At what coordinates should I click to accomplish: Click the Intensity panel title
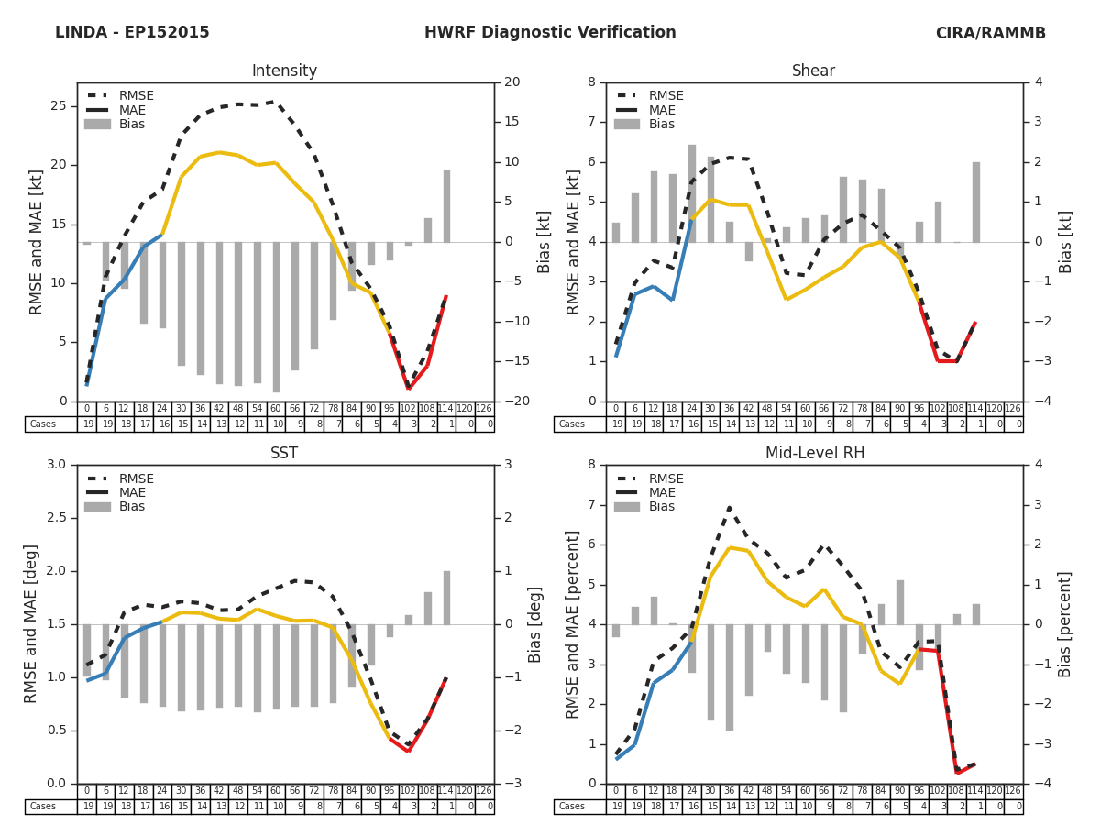pos(284,71)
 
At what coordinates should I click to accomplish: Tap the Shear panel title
pos(813,71)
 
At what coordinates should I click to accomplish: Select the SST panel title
pos(284,454)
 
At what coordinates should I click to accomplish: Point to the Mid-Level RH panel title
pos(813,454)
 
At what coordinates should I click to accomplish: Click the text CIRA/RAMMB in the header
pos(990,33)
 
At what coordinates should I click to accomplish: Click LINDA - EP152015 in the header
pos(132,33)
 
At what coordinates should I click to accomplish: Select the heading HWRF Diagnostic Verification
pos(550,33)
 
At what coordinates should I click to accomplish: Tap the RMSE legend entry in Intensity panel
pos(136,96)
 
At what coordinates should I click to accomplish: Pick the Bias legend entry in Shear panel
pos(661,125)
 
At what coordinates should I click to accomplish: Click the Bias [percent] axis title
pos(1065,624)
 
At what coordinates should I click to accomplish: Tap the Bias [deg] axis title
pos(535,624)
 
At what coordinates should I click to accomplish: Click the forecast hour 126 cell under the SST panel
pos(484,791)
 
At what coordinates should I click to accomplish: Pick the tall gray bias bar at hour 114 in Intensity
pos(446,206)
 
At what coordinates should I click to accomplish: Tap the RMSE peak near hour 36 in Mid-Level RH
pos(729,507)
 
